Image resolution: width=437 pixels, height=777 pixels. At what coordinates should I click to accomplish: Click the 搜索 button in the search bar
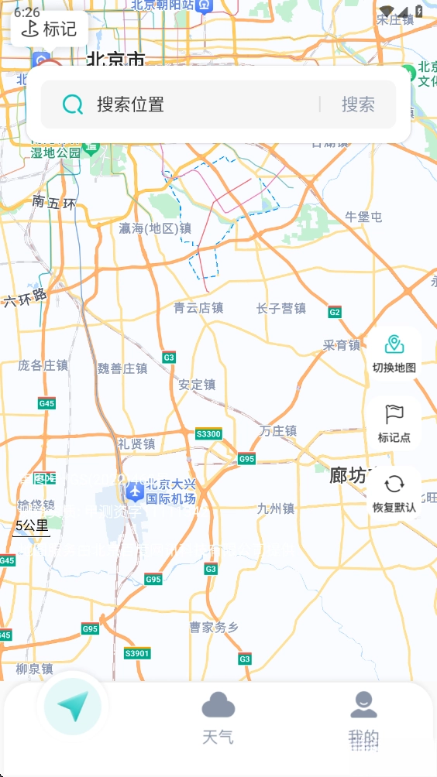pyautogui.click(x=358, y=104)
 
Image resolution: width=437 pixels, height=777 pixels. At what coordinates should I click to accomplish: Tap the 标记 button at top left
pyautogui.click(x=49, y=29)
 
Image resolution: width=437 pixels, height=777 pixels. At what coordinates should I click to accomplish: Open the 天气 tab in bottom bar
pyautogui.click(x=218, y=718)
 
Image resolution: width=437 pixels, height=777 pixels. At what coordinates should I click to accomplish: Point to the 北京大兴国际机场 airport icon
pyautogui.click(x=135, y=490)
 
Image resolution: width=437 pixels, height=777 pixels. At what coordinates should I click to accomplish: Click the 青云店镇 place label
pyautogui.click(x=198, y=308)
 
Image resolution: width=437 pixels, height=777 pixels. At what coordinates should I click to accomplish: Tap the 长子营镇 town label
pyautogui.click(x=281, y=309)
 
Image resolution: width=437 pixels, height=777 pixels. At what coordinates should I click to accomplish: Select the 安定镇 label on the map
pyautogui.click(x=197, y=385)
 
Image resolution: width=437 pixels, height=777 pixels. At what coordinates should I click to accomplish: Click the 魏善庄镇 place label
pyautogui.click(x=122, y=368)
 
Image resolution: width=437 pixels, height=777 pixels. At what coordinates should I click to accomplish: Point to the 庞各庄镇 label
pyautogui.click(x=43, y=365)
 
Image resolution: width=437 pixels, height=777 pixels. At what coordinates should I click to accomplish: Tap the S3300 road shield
pyautogui.click(x=208, y=433)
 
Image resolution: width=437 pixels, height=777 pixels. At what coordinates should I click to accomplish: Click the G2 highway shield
pyautogui.click(x=335, y=313)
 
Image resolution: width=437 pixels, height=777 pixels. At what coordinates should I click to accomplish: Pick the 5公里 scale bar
pyautogui.click(x=32, y=527)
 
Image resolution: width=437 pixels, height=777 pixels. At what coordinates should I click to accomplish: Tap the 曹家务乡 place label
pyautogui.click(x=214, y=627)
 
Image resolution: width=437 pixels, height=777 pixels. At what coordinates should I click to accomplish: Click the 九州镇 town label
pyautogui.click(x=276, y=508)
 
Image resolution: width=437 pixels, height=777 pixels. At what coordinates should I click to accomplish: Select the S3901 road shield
pyautogui.click(x=137, y=654)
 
